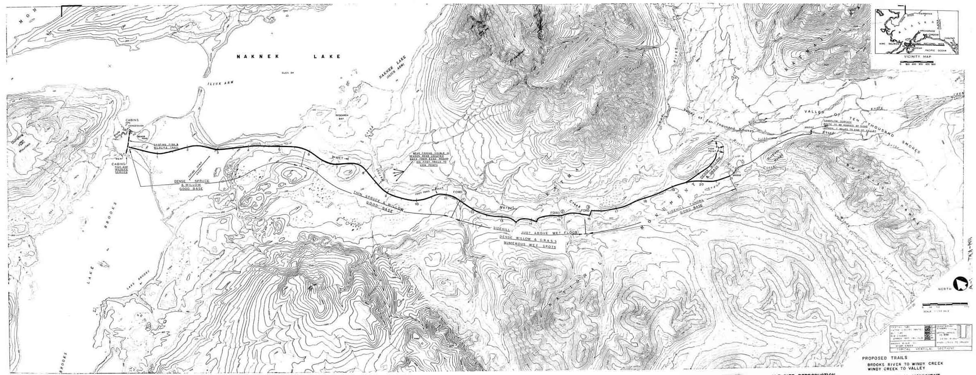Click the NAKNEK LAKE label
click(288, 57)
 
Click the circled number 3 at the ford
click(588, 207)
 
